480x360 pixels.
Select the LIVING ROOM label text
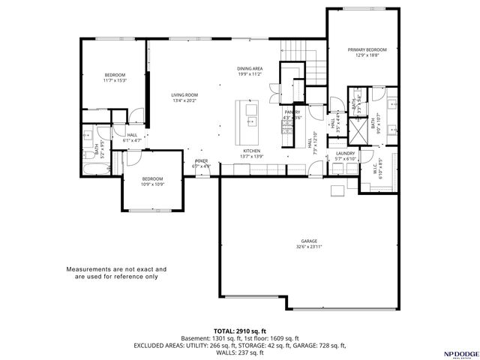coord(184,95)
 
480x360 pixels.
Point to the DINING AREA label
coord(249,68)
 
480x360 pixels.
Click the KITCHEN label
coord(251,151)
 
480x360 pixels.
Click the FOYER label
coord(202,161)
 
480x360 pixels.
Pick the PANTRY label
coord(292,112)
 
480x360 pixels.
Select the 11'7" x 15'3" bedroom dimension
coord(115,80)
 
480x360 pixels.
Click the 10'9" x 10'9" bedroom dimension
coord(153,184)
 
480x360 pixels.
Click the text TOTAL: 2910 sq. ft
coord(239,330)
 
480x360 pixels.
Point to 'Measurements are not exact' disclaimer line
coord(116,268)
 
